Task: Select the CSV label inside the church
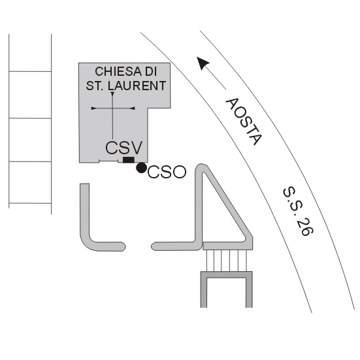coord(124,148)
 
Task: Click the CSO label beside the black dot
coord(167,172)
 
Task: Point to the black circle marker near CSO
coord(141,168)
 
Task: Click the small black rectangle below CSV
coord(129,160)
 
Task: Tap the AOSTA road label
coord(243,122)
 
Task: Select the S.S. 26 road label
coord(298,211)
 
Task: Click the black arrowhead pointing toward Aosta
coord(203,63)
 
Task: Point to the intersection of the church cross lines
coord(112,108)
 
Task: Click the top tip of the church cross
coord(112,92)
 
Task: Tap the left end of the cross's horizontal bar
coord(91,108)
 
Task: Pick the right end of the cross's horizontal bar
coord(135,108)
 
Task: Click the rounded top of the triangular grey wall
coord(201,167)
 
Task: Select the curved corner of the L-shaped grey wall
coord(88,242)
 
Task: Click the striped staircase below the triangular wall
coord(227,261)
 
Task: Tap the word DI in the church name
coord(151,71)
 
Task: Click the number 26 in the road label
coord(305,227)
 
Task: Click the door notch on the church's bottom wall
coord(108,161)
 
